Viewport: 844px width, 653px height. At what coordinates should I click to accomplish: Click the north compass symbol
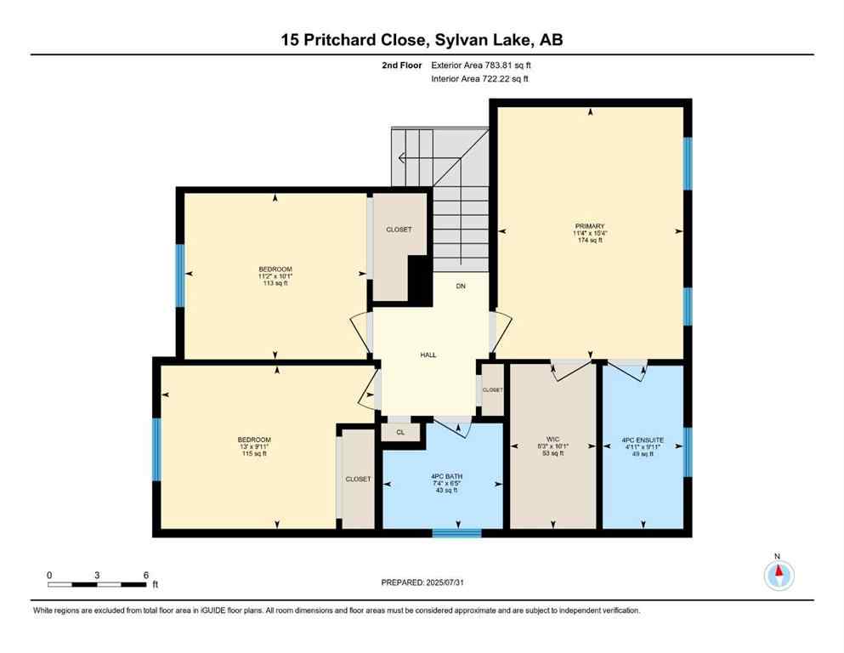[778, 576]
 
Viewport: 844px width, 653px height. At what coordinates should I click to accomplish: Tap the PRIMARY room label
[590, 225]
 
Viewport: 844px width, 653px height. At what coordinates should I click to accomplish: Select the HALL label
[428, 355]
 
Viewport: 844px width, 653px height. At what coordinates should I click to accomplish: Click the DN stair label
[461, 287]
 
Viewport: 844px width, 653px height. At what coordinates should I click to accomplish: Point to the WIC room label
[553, 438]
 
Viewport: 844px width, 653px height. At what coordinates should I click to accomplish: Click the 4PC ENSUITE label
[643, 440]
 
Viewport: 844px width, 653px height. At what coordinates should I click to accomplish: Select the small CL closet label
[399, 432]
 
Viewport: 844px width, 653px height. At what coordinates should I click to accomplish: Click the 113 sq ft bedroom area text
[275, 283]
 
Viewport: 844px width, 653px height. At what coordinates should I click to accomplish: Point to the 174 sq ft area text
[590, 241]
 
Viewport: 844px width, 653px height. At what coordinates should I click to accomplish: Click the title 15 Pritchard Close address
[422, 40]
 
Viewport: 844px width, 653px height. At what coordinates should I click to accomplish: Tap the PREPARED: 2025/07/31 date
[422, 582]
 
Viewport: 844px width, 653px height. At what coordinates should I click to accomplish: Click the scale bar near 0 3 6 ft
[97, 584]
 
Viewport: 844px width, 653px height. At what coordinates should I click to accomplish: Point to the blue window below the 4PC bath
[457, 533]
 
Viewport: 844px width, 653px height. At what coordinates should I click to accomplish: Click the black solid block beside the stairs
[418, 279]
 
